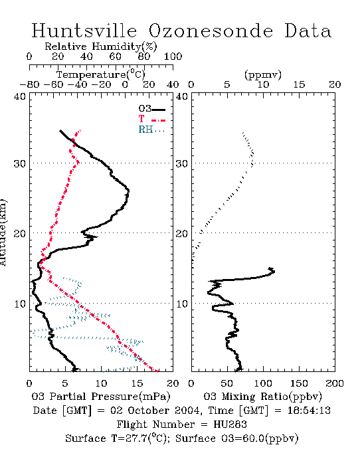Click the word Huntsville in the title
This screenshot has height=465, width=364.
[84, 31]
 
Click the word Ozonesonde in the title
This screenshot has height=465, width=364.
[211, 31]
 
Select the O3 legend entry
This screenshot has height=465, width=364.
[151, 109]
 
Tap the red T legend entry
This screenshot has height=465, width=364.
[151, 119]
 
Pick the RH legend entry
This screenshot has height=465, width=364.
[151, 130]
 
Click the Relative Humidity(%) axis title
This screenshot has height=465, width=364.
[101, 46]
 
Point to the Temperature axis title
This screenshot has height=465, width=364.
[101, 74]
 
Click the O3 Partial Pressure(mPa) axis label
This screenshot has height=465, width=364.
[101, 397]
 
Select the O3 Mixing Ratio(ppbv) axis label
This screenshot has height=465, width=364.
[262, 397]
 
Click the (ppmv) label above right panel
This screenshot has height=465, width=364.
[263, 74]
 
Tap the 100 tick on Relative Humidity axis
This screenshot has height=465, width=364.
[173, 56]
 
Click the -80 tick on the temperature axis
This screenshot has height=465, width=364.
[29, 84]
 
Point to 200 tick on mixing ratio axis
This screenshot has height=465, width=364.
[335, 383]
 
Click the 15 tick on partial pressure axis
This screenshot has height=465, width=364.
[137, 383]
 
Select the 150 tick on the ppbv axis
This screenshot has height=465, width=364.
[299, 383]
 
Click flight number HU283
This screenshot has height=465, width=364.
[230, 424]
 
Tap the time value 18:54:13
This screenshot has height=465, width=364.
[309, 411]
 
